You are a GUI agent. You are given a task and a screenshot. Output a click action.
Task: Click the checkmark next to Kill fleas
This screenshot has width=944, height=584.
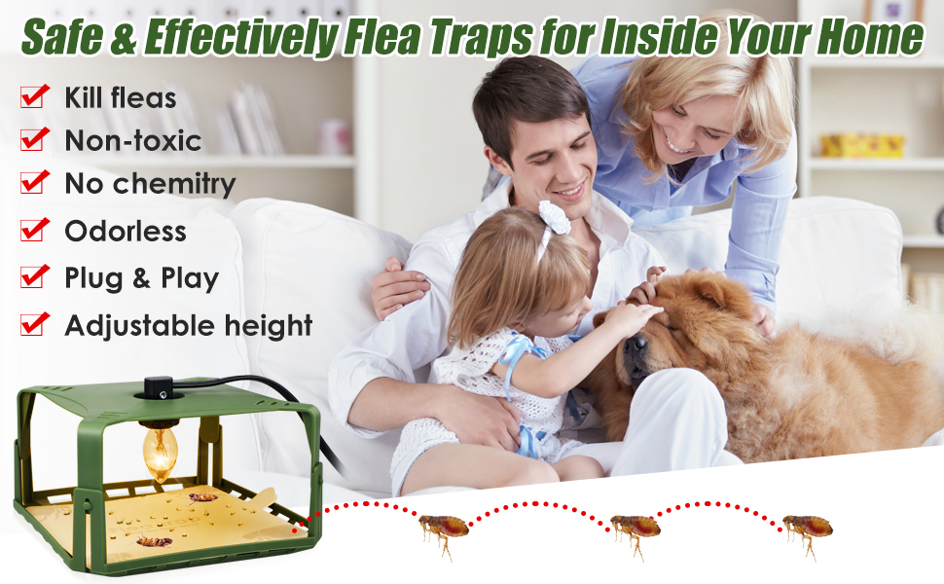pos(35,96)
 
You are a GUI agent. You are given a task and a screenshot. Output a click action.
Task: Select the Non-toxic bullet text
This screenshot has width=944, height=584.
pos(132,140)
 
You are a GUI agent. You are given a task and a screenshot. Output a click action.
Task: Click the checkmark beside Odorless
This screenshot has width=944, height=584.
pos(35,230)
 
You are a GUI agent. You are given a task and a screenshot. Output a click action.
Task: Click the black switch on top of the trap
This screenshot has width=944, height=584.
pos(159,386)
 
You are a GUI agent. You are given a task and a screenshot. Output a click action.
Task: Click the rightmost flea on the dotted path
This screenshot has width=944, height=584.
pos(808,529)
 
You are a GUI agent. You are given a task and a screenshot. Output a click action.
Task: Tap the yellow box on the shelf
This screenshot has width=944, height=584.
pos(862,145)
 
